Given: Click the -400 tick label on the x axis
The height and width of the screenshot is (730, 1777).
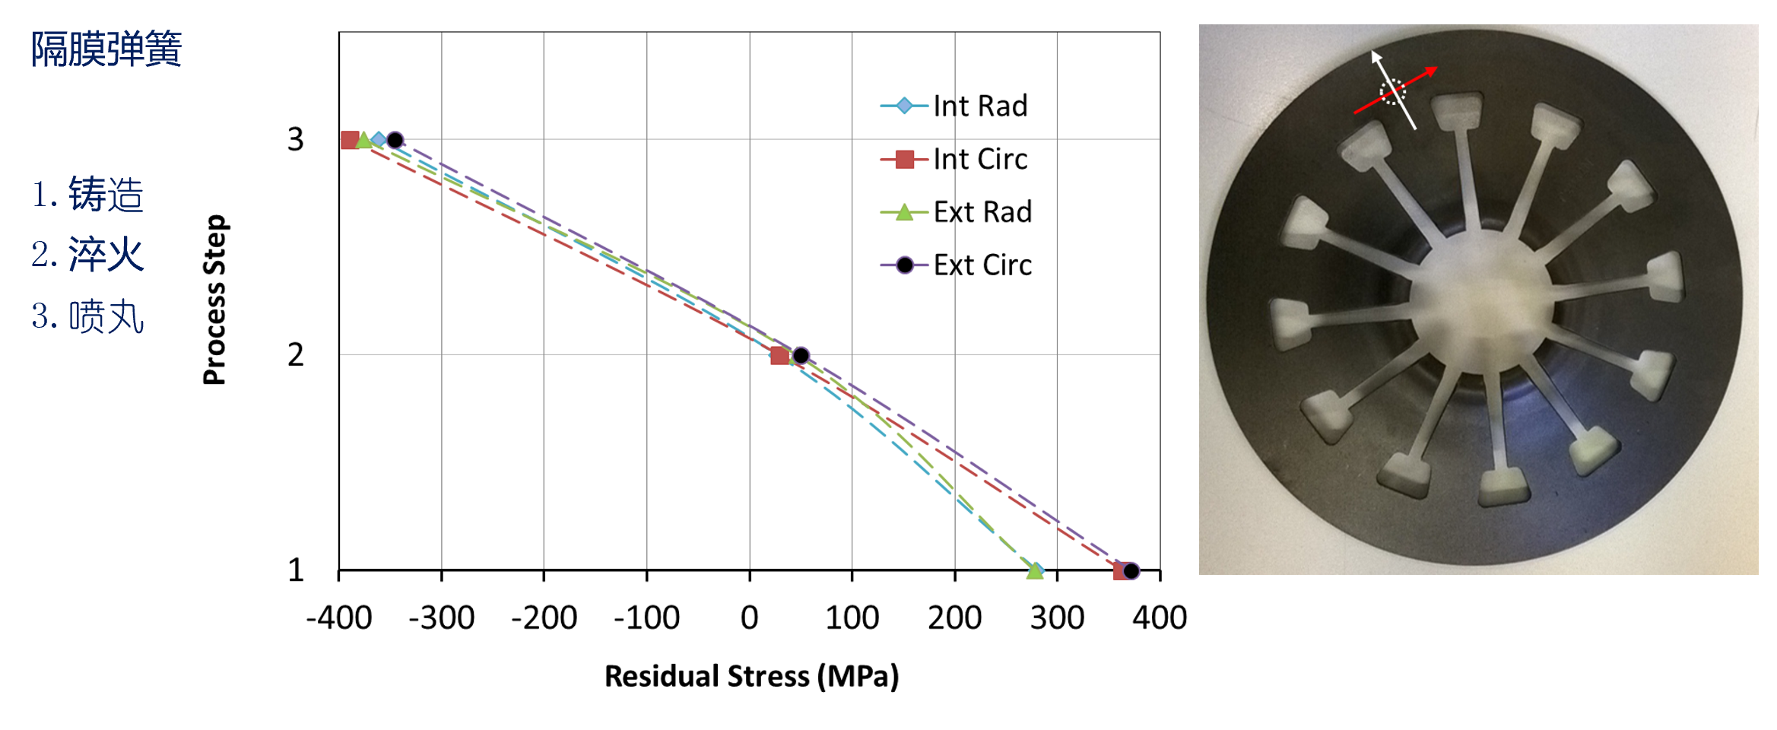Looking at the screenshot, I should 339,618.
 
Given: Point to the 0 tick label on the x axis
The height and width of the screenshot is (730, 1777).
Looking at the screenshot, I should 749,618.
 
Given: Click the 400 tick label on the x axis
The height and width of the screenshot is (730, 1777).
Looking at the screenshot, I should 1159,618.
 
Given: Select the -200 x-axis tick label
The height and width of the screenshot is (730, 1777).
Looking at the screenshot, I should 544,618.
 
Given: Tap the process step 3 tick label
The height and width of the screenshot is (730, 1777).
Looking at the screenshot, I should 295,140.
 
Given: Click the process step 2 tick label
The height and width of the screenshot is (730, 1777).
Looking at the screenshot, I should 295,355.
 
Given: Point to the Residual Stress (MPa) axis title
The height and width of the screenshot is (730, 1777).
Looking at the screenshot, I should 751,676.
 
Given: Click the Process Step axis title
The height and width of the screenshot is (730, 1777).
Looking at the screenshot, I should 214,300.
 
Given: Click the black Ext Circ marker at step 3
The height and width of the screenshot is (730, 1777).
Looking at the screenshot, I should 395,140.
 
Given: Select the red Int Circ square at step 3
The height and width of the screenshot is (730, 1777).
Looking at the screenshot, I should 350,140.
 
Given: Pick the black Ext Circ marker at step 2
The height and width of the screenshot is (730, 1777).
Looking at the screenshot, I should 801,355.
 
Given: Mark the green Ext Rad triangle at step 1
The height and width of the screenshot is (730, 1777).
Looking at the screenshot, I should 1034,570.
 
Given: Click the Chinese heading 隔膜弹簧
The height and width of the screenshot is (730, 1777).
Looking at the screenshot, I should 106,49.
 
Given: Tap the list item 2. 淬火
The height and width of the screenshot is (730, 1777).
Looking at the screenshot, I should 87,255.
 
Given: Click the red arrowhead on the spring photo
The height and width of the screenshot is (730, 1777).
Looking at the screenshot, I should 1432,71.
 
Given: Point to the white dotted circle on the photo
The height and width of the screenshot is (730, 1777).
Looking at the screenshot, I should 1392,93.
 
